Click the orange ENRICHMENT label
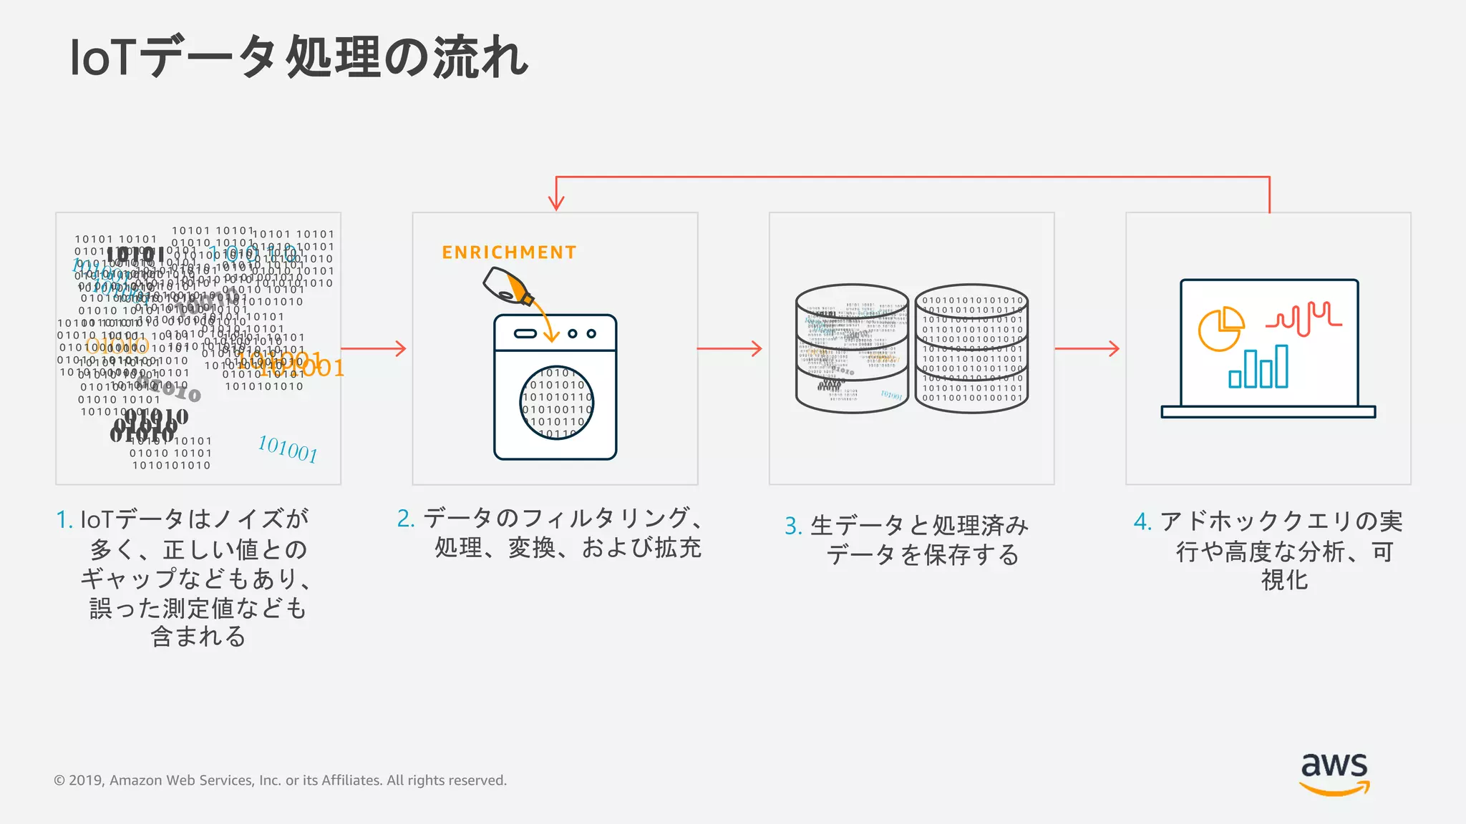click(509, 252)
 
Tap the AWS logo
click(1334, 773)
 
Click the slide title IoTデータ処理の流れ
click(298, 57)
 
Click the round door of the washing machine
click(556, 403)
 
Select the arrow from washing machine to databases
click(729, 349)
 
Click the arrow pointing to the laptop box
click(1087, 349)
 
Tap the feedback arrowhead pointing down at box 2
click(556, 202)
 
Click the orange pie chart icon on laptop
click(1220, 328)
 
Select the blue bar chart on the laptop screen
click(1258, 368)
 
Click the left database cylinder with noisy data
click(852, 348)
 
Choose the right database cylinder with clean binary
click(971, 348)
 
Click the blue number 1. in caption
click(64, 520)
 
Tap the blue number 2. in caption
click(406, 519)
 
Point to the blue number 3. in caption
click(792, 526)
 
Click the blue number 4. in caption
click(1142, 521)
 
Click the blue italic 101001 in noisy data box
click(287, 449)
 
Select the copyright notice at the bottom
click(280, 780)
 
